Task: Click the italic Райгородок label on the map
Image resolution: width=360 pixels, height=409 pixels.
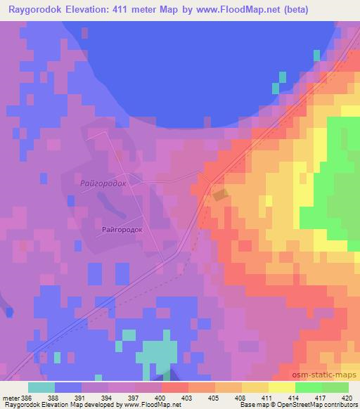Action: [103, 183]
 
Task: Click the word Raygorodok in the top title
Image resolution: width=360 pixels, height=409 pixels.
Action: [36, 9]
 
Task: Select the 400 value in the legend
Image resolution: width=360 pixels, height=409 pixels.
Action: [162, 398]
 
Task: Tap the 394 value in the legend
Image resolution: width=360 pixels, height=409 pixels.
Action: [108, 398]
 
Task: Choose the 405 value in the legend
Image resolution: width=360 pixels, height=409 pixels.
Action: [215, 398]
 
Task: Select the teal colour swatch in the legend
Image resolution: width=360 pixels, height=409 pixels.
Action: [41, 387]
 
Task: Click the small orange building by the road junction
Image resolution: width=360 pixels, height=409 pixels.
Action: [220, 195]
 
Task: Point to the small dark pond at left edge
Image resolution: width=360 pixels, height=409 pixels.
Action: [8, 311]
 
